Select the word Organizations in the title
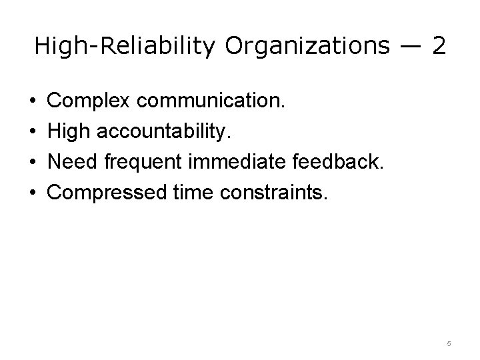click(x=306, y=46)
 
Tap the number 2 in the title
click(x=438, y=46)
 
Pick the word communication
click(x=211, y=101)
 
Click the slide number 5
click(x=449, y=344)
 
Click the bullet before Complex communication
click(x=33, y=101)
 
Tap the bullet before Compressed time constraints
click(x=33, y=193)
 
